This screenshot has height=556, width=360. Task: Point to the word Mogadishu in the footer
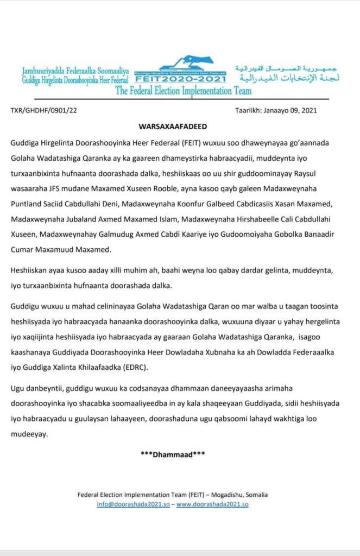(x=228, y=495)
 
